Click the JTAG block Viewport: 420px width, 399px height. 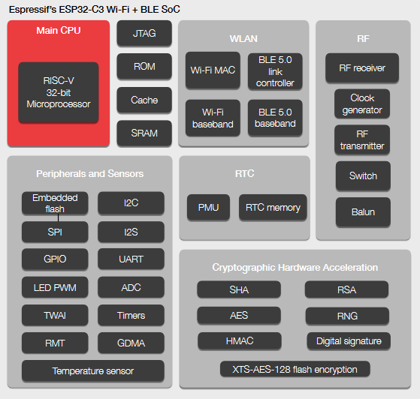click(144, 33)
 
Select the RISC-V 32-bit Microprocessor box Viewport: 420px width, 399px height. click(59, 92)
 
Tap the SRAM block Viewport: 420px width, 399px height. click(144, 133)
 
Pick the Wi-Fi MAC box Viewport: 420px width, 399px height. click(213, 70)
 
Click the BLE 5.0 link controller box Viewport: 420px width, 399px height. click(275, 71)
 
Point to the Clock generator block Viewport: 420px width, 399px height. click(362, 103)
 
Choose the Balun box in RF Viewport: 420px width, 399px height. click(363, 212)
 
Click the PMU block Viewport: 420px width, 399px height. click(208, 207)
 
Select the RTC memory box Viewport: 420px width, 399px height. click(273, 207)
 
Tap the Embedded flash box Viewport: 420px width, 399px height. click(55, 203)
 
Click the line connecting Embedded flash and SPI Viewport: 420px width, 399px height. click(58, 218)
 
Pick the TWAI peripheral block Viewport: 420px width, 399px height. click(55, 315)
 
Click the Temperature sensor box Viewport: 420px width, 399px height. click(93, 370)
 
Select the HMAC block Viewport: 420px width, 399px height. click(240, 341)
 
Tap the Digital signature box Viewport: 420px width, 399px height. click(349, 341)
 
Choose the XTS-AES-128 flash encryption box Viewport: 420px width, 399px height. click(295, 369)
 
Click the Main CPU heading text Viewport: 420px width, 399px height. click(59, 31)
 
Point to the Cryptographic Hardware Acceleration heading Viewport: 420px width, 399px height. click(295, 268)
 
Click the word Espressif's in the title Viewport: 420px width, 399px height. click(32, 10)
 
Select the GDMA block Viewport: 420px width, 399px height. click(131, 343)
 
